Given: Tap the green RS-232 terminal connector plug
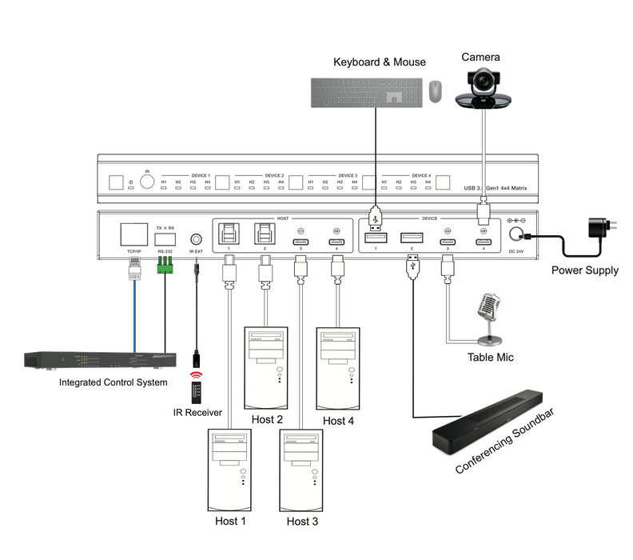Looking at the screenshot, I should (166, 270).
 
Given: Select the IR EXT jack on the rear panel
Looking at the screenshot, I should (195, 238).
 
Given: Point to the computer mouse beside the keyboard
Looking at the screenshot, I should (435, 90).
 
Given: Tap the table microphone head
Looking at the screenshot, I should (488, 306).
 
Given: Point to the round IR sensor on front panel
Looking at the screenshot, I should (147, 181).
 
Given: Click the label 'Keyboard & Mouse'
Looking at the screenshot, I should (380, 62).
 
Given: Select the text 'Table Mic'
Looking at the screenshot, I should (492, 357).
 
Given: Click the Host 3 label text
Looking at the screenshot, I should (301, 522).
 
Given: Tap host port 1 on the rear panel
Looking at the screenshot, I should (228, 234).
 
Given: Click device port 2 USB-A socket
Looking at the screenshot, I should (411, 237).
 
